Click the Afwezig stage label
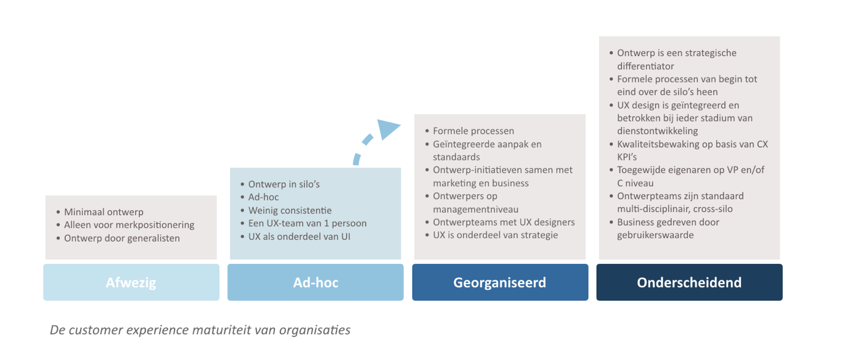tap(131, 282)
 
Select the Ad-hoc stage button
tap(316, 282)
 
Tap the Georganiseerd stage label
tap(500, 282)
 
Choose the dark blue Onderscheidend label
tap(690, 282)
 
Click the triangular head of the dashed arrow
tap(387, 129)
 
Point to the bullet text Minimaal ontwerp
tap(104, 212)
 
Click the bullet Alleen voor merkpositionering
tap(129, 225)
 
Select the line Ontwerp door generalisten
tap(122, 238)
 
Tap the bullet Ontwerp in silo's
tap(284, 184)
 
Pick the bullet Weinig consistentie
tap(290, 211)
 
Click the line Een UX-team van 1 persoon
tap(308, 223)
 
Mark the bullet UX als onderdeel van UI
tap(299, 237)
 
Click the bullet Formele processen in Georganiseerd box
tap(473, 131)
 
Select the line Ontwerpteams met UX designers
tap(504, 223)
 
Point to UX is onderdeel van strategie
tap(495, 235)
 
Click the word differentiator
tap(645, 67)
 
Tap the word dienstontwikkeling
tap(658, 131)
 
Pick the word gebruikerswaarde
tap(655, 235)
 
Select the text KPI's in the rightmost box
tap(627, 157)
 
